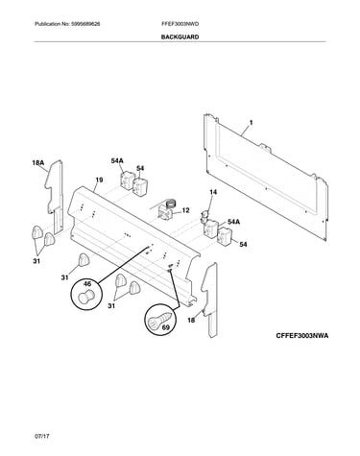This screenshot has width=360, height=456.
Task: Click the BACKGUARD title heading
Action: (x=180, y=36)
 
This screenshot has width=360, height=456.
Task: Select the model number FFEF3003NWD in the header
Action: (x=180, y=24)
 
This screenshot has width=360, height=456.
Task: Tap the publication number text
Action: (x=67, y=24)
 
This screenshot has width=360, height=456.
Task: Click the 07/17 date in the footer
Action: (x=42, y=436)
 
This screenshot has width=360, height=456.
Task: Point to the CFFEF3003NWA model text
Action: (x=302, y=336)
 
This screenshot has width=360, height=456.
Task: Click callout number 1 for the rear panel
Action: (x=251, y=123)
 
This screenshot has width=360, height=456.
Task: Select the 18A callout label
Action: (x=37, y=163)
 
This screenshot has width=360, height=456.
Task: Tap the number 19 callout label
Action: (x=99, y=180)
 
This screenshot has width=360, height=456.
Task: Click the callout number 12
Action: (x=185, y=210)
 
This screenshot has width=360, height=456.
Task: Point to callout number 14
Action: (x=213, y=192)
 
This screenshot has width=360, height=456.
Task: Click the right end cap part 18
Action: (x=210, y=300)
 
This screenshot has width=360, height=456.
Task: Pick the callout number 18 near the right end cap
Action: (x=191, y=320)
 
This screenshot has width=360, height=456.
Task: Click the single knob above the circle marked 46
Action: (x=84, y=259)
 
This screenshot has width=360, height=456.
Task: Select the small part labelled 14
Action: (x=204, y=216)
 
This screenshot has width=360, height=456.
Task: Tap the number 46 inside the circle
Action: (x=87, y=284)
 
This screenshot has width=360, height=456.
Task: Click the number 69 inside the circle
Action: (x=166, y=327)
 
